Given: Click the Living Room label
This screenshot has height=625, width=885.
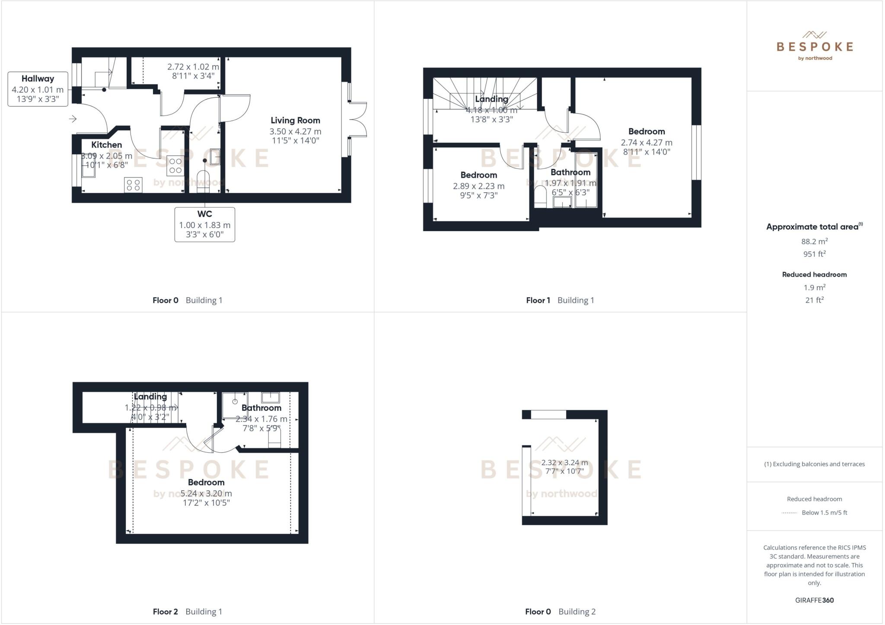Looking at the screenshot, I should (x=295, y=121).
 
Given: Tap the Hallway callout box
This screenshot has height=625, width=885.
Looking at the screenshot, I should (x=38, y=89).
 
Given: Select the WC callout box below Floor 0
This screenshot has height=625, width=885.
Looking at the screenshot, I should (x=204, y=224).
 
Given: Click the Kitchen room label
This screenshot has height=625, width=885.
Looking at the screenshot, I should (x=106, y=145).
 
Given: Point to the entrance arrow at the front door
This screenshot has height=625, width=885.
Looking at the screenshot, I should (x=73, y=119).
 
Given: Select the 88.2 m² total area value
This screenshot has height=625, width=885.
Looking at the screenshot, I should (x=814, y=241).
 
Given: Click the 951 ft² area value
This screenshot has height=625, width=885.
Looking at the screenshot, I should (x=814, y=254).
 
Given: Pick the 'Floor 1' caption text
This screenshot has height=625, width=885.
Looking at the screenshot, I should (x=538, y=300).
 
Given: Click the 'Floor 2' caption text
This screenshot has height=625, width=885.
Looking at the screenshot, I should (x=165, y=612).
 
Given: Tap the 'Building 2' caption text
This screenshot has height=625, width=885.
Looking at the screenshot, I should (x=577, y=612).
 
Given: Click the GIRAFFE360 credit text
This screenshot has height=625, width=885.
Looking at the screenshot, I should (x=814, y=600).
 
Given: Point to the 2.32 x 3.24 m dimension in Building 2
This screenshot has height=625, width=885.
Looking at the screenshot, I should (x=564, y=463).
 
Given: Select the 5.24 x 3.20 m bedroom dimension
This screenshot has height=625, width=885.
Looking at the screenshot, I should (x=206, y=493).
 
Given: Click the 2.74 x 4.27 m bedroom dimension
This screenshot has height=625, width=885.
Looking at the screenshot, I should (x=646, y=143).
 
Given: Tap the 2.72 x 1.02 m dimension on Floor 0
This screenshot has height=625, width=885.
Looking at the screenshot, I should (x=193, y=67).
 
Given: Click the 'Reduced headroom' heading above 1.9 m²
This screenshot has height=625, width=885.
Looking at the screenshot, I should (x=814, y=274).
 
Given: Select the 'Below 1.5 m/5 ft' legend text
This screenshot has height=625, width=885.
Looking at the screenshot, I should (x=824, y=513).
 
